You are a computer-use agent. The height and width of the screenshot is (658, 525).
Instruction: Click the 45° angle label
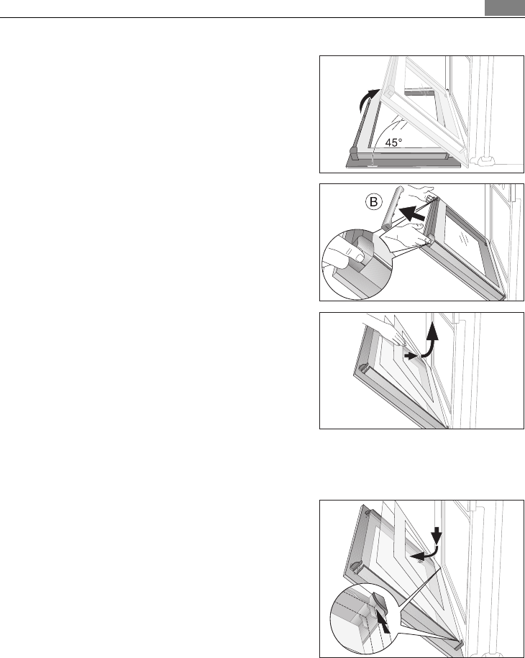click(x=393, y=142)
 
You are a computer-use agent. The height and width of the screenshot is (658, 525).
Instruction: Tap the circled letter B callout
click(x=373, y=202)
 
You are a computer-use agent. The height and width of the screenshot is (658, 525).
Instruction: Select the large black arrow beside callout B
click(x=411, y=213)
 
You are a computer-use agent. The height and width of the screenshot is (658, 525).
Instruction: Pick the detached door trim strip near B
click(x=393, y=207)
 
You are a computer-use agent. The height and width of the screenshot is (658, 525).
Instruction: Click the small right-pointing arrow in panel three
click(x=410, y=355)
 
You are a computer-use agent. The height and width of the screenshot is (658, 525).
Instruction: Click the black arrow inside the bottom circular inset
click(x=383, y=623)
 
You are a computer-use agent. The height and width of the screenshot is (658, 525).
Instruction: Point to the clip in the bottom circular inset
click(x=378, y=603)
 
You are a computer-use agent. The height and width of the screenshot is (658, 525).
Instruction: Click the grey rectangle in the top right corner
click(x=504, y=8)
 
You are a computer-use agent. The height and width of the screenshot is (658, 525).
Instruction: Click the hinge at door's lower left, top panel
click(x=353, y=154)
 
